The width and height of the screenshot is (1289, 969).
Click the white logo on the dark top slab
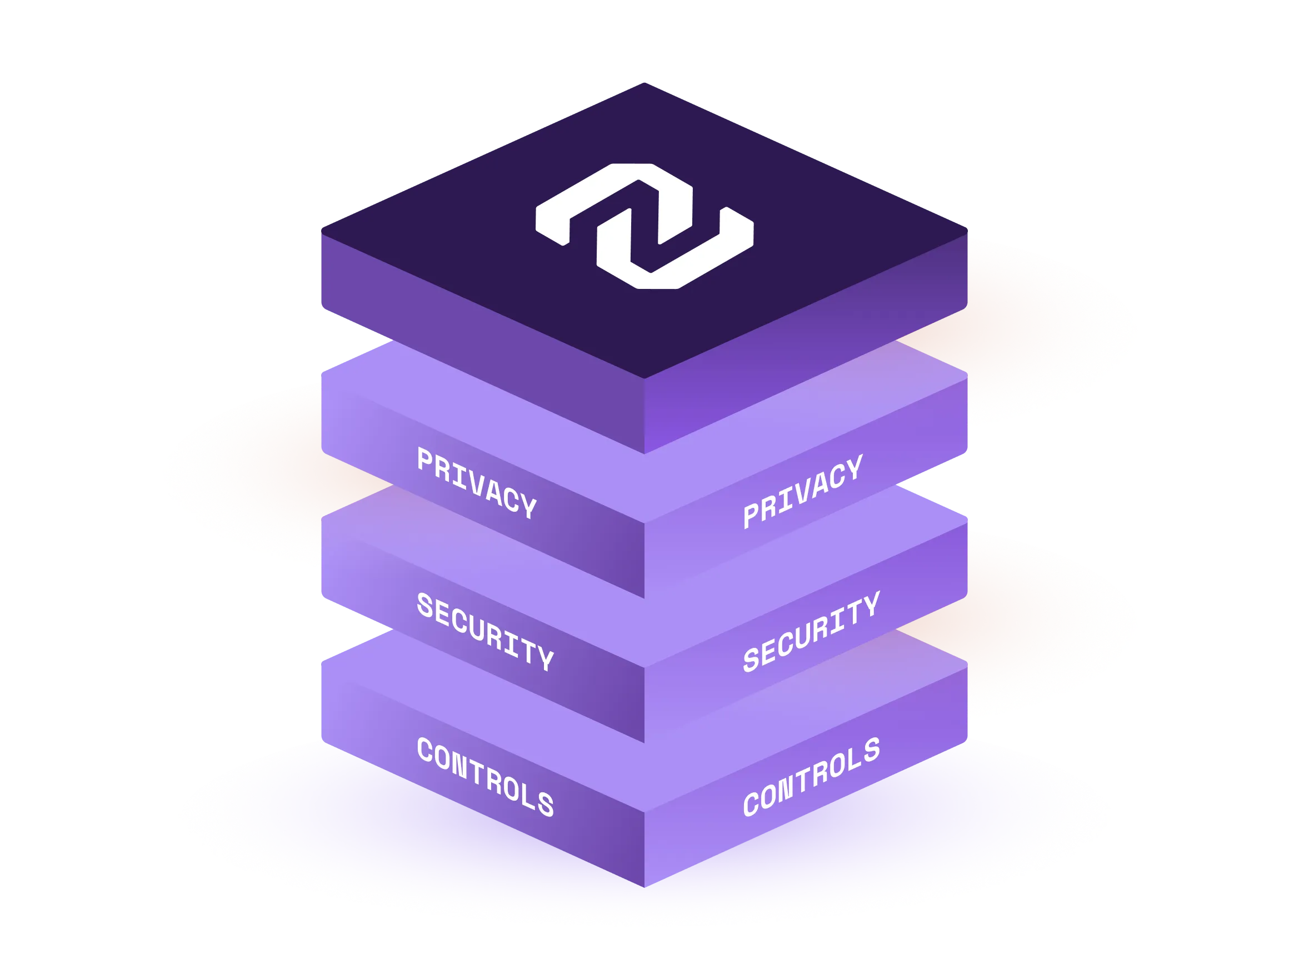point(644,226)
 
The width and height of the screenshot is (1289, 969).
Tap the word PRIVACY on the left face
point(477,482)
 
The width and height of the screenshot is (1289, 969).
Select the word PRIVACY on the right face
point(803,491)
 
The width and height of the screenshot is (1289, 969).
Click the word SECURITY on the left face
point(486,631)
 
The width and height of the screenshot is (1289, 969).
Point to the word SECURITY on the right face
point(811,632)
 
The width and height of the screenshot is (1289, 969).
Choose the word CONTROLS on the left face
point(486,777)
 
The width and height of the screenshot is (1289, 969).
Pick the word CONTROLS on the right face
point(811,777)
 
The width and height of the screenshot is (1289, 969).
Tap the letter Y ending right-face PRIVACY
point(855,467)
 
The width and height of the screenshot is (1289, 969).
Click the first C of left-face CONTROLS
point(425,749)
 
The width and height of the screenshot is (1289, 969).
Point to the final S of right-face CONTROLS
point(872,750)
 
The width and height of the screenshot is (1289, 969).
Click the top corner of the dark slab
point(644,83)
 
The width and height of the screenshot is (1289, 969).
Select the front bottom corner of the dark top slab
point(644,454)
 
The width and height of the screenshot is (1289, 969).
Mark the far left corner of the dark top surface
point(322,231)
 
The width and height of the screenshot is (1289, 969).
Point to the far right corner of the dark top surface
point(967,231)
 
